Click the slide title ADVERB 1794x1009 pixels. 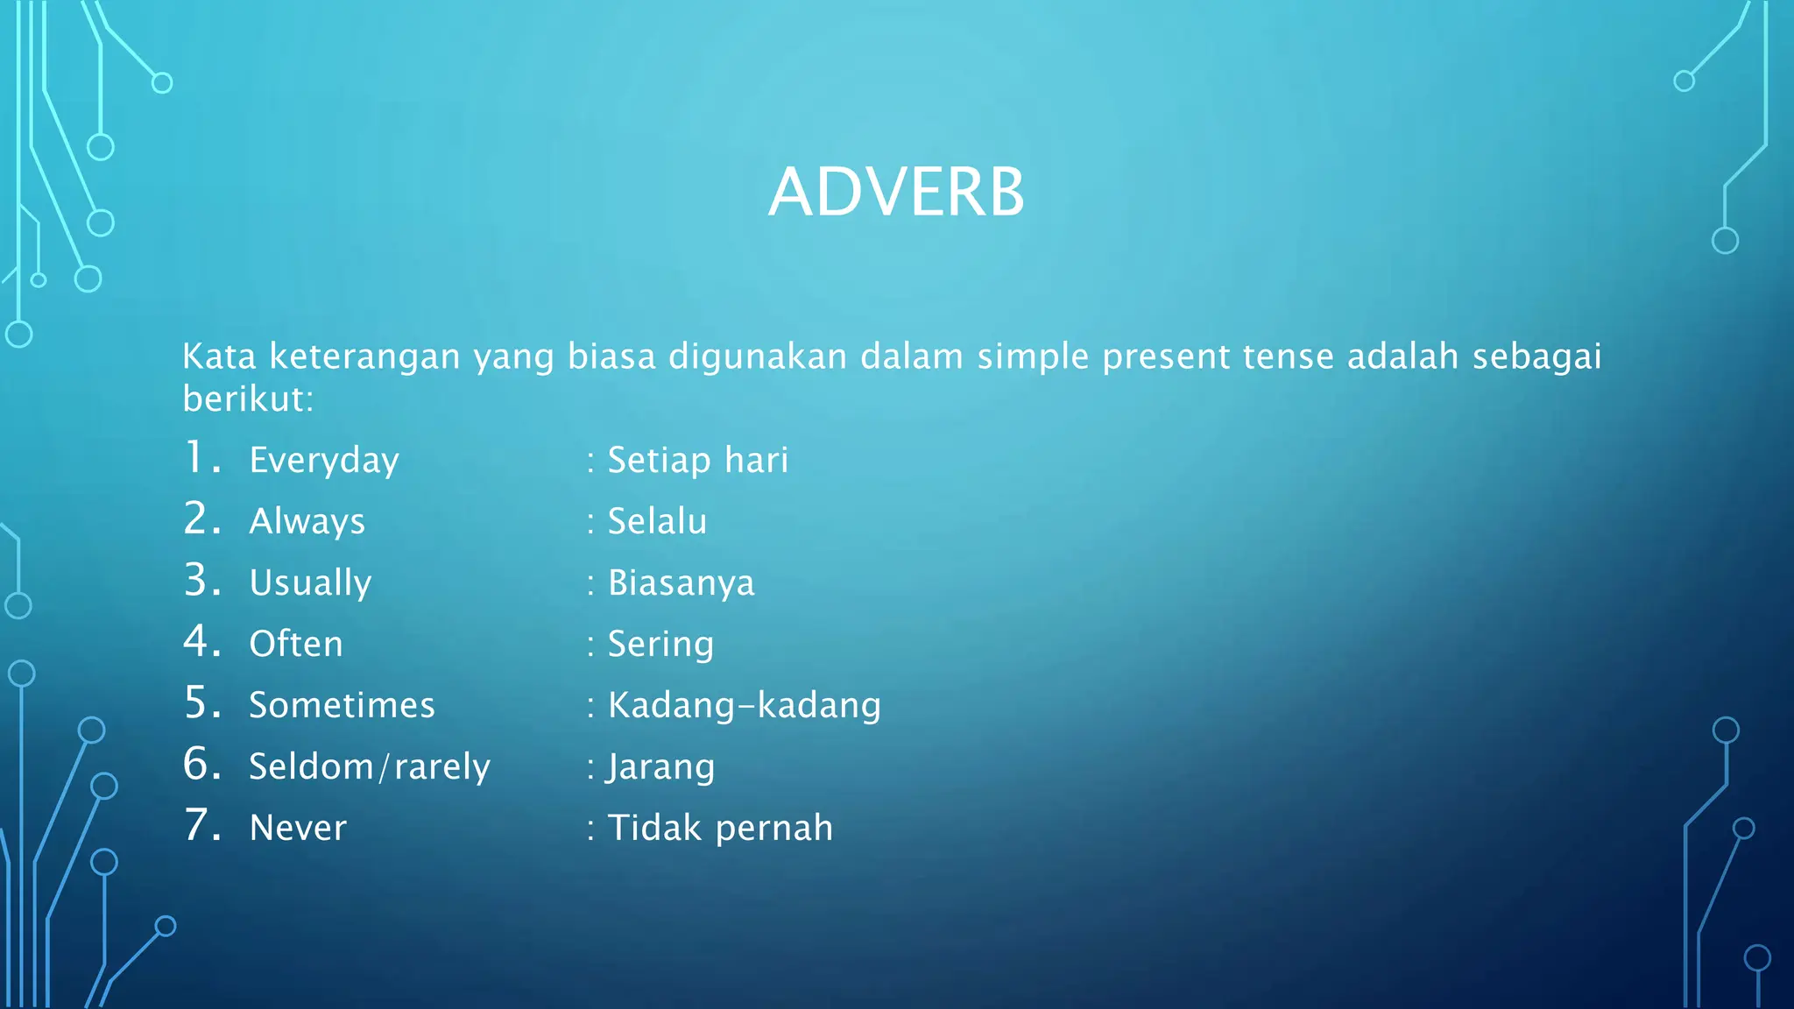point(896,193)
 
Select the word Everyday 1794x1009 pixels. point(324,461)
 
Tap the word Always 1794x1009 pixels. point(307,522)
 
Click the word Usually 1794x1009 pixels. point(310,583)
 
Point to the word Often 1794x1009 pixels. point(296,645)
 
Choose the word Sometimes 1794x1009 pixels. point(342,706)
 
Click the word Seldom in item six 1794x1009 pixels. point(311,767)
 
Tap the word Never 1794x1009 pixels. point(298,829)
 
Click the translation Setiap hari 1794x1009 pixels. point(698,461)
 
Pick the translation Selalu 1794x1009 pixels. point(657,522)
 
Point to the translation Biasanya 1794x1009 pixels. point(681,583)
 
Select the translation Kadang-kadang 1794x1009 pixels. point(744,706)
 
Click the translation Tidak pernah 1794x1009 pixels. point(720,829)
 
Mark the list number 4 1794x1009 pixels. point(199,642)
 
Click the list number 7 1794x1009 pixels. point(199,826)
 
